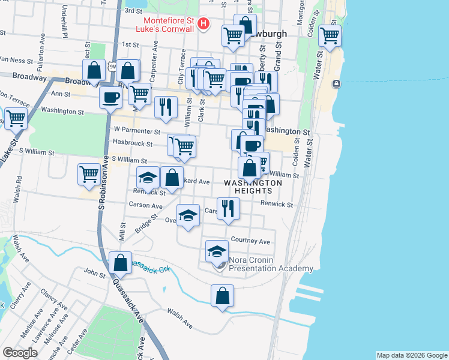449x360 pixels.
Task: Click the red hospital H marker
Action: [203, 24]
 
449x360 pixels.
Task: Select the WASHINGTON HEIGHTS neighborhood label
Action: [253, 186]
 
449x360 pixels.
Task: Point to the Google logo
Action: [20, 352]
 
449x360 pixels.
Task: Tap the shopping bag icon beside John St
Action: [121, 262]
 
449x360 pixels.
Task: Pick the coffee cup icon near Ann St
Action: [110, 98]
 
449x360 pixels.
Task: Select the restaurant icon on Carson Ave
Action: [228, 208]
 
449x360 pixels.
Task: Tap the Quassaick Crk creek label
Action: [151, 267]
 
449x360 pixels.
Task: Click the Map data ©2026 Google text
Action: [412, 355]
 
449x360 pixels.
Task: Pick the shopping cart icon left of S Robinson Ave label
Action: [89, 174]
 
